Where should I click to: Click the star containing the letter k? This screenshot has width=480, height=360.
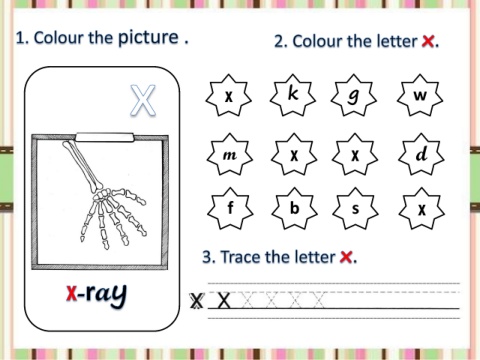tap(293, 95)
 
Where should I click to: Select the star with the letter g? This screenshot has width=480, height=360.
tap(354, 95)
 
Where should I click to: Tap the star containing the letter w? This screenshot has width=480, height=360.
tap(420, 95)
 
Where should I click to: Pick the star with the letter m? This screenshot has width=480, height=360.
tap(229, 154)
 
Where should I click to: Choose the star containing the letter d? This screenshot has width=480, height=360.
tap(421, 154)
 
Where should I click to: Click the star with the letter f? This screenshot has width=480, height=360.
tap(230, 208)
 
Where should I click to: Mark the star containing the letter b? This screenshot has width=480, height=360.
tap(294, 208)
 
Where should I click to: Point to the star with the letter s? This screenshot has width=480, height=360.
tap(355, 208)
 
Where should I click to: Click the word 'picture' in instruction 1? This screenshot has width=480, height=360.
tap(149, 38)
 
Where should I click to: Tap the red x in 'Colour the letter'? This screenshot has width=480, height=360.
tap(428, 42)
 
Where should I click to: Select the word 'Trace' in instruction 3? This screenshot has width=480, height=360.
tap(241, 257)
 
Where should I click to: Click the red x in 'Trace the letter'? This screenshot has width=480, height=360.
tap(346, 257)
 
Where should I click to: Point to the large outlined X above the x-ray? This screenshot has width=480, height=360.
tap(143, 100)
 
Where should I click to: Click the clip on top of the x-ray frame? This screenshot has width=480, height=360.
tap(105, 137)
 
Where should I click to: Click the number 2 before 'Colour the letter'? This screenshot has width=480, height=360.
tap(279, 42)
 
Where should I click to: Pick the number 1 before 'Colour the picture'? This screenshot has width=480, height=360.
tap(21, 38)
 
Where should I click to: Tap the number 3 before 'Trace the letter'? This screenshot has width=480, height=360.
tap(207, 257)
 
